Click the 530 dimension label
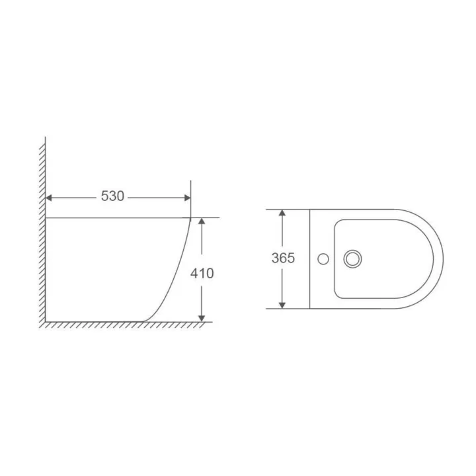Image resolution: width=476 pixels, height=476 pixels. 112,196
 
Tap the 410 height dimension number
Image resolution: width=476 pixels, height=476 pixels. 202,274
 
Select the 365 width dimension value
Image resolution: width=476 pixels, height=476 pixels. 283,258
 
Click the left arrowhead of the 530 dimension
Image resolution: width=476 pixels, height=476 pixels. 48,198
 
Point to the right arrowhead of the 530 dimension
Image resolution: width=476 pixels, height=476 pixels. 187,198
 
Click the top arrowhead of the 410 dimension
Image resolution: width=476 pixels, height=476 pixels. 202,221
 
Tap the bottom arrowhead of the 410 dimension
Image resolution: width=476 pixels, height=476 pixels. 202,318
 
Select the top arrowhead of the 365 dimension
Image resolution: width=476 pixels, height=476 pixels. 282,212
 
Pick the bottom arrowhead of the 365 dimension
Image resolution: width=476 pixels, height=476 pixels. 282,305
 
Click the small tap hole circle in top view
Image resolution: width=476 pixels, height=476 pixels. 323,259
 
